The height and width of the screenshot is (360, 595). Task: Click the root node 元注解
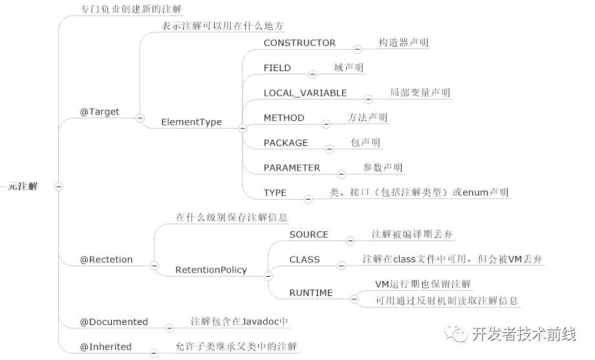coord(23,186)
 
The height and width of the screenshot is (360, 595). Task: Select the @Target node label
coord(100,112)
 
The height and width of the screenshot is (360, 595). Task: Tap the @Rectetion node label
coord(106,260)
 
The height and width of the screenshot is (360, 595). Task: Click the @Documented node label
coord(114,322)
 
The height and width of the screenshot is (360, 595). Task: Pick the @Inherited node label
coord(105,347)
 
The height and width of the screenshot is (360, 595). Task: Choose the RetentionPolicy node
coord(211,270)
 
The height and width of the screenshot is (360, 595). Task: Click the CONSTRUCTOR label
coord(299,43)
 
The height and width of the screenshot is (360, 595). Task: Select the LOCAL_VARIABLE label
coord(305,93)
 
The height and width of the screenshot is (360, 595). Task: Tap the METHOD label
coord(284,118)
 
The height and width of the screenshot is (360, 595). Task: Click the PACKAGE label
coord(286,143)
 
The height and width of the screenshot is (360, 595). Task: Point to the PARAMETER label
coord(292,168)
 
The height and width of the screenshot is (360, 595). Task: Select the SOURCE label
coord(309,235)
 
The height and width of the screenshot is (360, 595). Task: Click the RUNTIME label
coord(311,293)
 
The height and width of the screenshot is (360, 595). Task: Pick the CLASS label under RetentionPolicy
coord(305,260)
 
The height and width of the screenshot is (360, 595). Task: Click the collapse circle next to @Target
coord(140,118)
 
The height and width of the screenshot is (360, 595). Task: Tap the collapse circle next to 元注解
coord(58,187)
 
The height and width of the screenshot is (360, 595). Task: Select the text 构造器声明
coord(404,43)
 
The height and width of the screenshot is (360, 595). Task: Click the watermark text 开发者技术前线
coord(523,334)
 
